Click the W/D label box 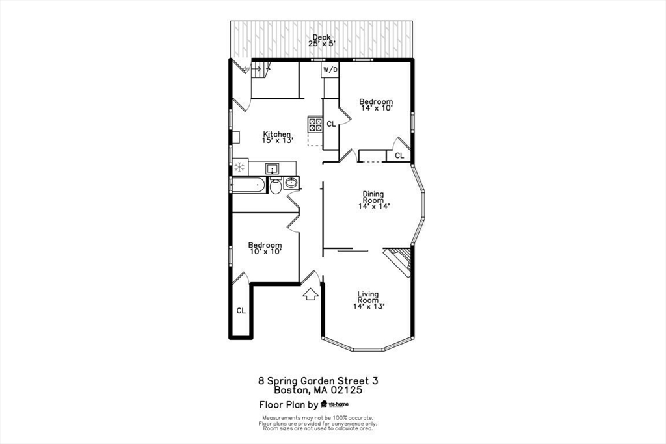(330, 70)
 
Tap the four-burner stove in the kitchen (315, 124)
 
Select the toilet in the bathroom (276, 185)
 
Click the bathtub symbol (247, 185)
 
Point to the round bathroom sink (291, 183)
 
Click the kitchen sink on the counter (273, 169)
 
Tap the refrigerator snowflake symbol (239, 167)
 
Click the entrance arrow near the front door (310, 294)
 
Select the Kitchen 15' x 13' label (277, 137)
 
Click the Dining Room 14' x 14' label (374, 200)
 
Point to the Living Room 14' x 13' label (368, 300)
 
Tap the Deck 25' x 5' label (321, 40)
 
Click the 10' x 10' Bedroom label (265, 248)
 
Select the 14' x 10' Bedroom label (376, 105)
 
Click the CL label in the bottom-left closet (241, 311)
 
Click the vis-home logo (335, 404)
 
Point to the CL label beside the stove (331, 124)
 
